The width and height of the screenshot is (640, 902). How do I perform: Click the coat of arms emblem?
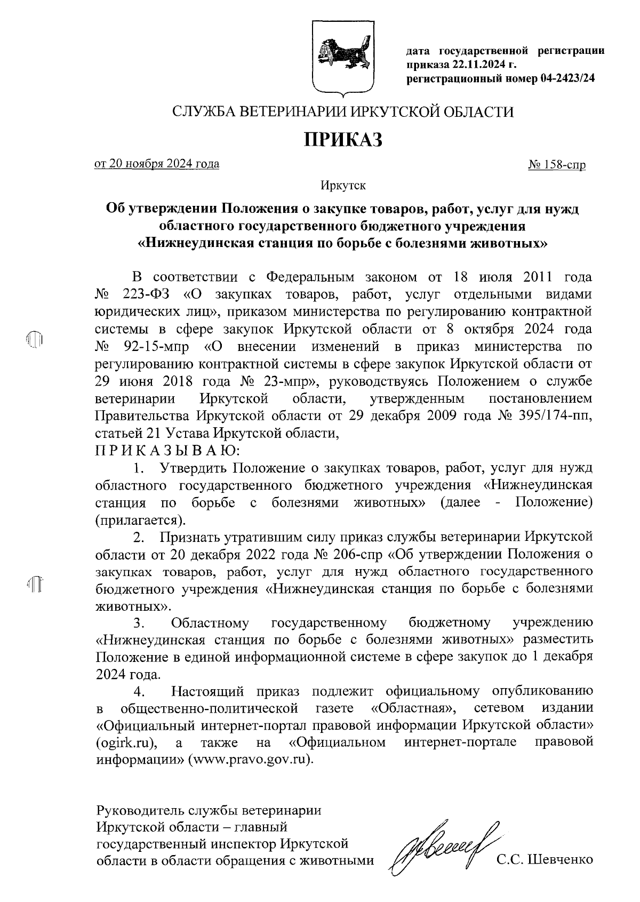point(343,58)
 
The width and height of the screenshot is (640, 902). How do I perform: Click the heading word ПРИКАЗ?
point(343,140)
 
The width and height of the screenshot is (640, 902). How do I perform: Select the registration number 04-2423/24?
point(567,78)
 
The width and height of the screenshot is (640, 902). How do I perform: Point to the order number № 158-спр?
point(556,165)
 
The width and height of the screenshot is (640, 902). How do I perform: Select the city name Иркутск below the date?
point(343,186)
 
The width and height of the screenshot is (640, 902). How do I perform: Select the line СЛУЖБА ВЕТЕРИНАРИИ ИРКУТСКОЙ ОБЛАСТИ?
point(343,112)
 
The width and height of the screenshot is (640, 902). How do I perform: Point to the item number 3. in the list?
point(140,622)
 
